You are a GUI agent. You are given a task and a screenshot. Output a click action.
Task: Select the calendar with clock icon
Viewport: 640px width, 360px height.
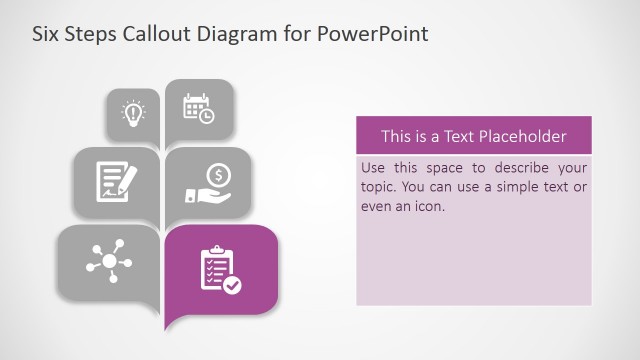tap(198, 108)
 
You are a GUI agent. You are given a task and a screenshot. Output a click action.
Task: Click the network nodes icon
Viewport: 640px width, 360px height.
tap(107, 259)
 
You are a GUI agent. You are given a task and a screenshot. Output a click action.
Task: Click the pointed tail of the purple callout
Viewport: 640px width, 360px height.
tap(171, 326)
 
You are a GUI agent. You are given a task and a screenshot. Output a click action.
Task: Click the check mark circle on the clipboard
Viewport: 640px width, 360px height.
tap(232, 284)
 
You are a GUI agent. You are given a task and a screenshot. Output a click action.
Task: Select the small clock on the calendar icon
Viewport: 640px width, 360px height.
tap(206, 115)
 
